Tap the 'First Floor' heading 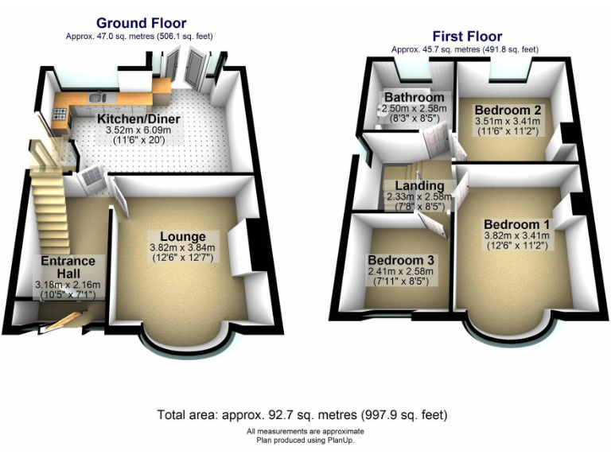467,36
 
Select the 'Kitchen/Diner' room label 138,120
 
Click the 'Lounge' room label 183,236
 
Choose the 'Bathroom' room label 414,98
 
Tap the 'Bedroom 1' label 516,223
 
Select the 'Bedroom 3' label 401,260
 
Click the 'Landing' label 418,185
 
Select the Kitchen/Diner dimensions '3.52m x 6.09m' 139,131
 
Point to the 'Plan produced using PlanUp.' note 305,439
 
